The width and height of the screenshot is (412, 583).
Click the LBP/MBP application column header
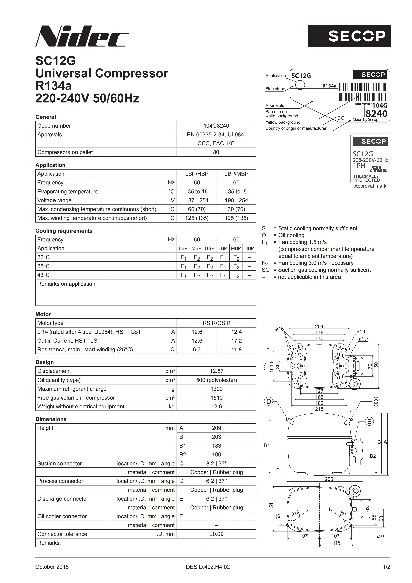236,174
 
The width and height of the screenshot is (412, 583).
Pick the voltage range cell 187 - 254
197,200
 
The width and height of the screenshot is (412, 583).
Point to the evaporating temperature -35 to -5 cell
236,191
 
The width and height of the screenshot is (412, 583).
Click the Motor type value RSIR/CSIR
216,323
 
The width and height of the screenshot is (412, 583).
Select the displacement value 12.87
216,371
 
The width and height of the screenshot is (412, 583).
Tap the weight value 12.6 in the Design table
216,406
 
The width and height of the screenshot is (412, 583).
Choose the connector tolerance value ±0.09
216,534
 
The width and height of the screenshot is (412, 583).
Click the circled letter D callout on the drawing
269,402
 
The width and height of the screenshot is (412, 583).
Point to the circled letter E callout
369,421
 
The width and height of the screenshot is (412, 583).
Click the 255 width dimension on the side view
329,479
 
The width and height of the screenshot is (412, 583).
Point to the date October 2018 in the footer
52,567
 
